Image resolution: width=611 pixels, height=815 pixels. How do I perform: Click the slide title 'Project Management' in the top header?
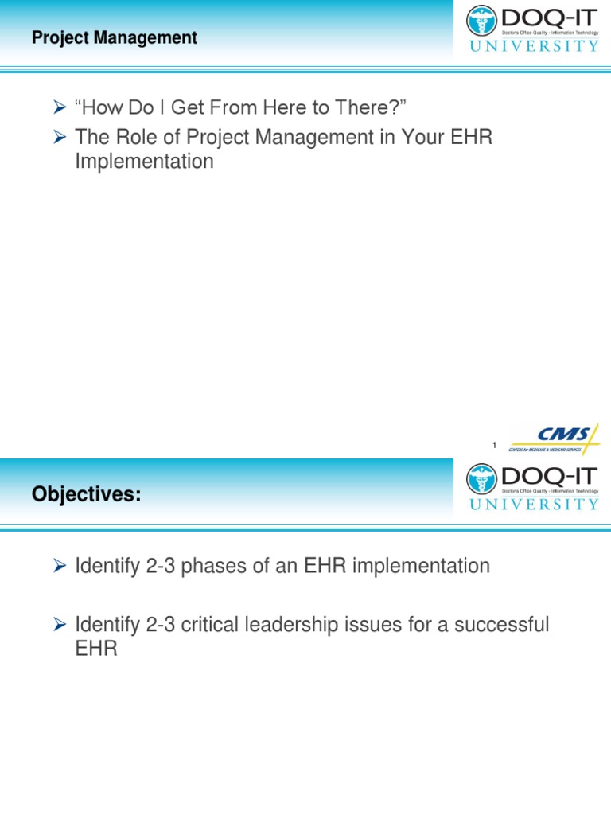click(x=115, y=37)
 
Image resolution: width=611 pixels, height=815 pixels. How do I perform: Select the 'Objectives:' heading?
click(x=86, y=495)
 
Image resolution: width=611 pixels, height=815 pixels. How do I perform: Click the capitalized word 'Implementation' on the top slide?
click(x=144, y=162)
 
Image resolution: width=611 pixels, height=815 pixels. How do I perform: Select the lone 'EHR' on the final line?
click(x=96, y=649)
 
